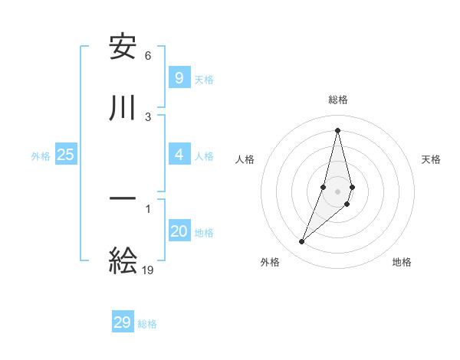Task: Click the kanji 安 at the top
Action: [x=123, y=47]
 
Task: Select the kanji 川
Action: [x=123, y=107]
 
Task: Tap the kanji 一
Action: [x=123, y=201]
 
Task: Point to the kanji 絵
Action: [x=123, y=260]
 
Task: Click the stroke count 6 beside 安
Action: [x=148, y=56]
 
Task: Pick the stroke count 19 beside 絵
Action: [x=148, y=270]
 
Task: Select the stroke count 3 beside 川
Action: [x=148, y=116]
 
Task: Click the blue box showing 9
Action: [x=179, y=77]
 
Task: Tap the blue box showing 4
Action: [x=179, y=155]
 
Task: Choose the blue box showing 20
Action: [x=179, y=231]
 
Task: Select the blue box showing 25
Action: [x=65, y=155]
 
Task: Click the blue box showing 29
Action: [x=123, y=322]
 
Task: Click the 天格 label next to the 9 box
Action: [x=203, y=80]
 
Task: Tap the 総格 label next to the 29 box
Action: [x=147, y=325]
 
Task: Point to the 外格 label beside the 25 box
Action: [x=41, y=156]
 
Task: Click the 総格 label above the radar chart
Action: [x=337, y=100]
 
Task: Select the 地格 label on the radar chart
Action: [x=402, y=262]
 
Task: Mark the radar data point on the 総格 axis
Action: [x=337, y=129]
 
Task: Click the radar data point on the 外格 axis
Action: [x=301, y=242]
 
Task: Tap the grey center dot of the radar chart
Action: [x=337, y=191]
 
